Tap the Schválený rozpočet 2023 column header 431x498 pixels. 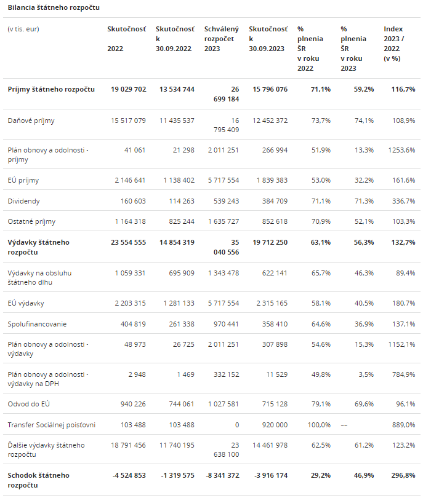point(220,39)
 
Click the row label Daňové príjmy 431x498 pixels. point(31,121)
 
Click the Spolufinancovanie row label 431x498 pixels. point(38,323)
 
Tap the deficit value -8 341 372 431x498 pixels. point(221,475)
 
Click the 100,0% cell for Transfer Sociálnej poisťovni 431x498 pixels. point(318,425)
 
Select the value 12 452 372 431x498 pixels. point(270,121)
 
